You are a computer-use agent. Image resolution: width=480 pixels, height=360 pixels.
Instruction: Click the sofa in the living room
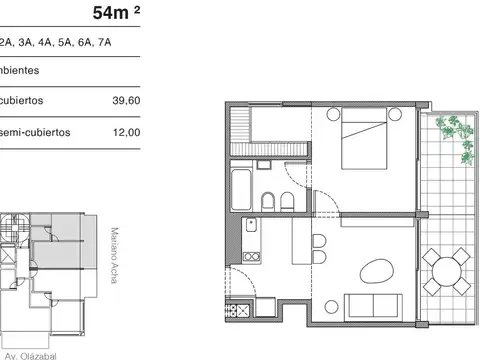pyautogui.click(x=368, y=307)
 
